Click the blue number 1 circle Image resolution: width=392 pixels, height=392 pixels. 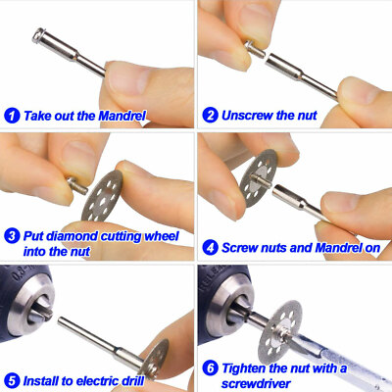pos(12,115)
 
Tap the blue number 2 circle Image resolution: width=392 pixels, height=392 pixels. pos(210,115)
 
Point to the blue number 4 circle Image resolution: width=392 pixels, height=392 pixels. pos(210,248)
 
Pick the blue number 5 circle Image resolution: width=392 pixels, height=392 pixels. pos(12,380)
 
